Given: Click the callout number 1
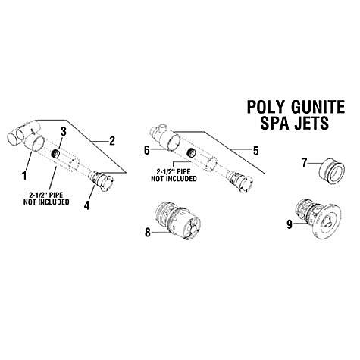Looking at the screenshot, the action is point(24,175).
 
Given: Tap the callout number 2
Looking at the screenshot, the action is point(111,141).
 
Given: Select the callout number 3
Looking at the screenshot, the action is point(64,131).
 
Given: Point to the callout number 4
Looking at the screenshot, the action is point(86,205).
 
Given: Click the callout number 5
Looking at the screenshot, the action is point(255,151).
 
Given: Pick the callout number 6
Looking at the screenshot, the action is point(147,150).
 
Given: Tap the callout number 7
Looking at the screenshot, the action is point(305,163).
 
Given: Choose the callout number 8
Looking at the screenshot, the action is point(148,232).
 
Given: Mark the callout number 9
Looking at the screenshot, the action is point(290,224).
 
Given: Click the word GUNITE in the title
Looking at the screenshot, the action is point(318,107).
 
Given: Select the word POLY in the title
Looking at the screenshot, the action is point(267,107).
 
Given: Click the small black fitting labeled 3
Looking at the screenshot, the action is point(55,153).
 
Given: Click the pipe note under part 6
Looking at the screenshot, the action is point(174,175).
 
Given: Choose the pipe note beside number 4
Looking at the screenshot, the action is point(46,199).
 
